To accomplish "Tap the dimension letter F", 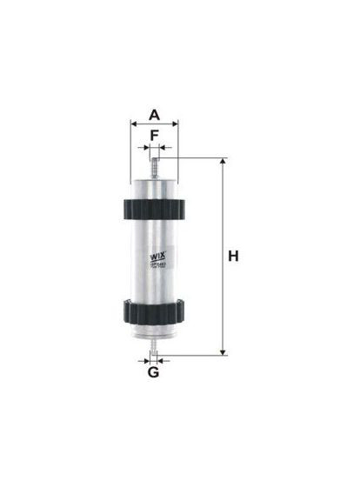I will tap(154, 136).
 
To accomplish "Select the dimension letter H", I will tap(232, 257).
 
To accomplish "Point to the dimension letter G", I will tap(153, 374).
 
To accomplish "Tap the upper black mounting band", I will tap(154, 209).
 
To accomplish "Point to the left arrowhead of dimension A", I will tap(133, 124).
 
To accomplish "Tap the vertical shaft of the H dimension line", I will tap(223, 296).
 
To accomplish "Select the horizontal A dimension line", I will tap(154, 124).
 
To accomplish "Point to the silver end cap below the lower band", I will tap(154, 330).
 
